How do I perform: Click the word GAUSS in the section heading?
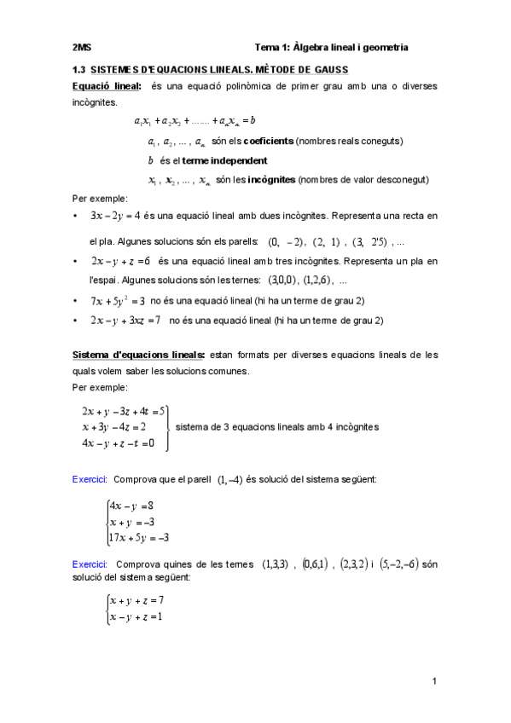pos(327,68)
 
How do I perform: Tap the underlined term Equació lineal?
pos(107,86)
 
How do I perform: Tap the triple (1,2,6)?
pos(316,280)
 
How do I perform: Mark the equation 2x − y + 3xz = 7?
pos(125,321)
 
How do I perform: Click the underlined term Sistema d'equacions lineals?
pos(138,354)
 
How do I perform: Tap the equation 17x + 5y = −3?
pos(140,537)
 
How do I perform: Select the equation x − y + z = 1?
pos(136,616)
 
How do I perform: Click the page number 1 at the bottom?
pos(434,680)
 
